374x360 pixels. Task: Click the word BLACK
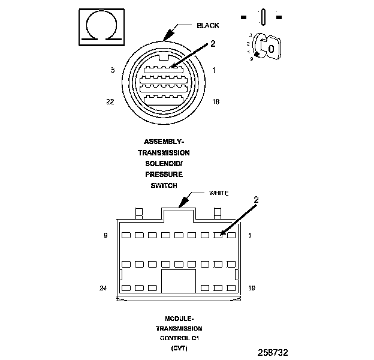coord(207,26)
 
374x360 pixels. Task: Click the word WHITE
coord(219,193)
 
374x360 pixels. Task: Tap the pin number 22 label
coord(110,102)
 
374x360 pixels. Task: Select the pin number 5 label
coord(112,70)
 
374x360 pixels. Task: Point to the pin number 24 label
coord(103,288)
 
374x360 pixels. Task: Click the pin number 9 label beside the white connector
coord(105,235)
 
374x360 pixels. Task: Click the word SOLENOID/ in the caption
coord(161,164)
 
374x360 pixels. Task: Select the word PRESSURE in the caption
coord(161,175)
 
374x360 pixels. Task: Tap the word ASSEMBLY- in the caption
coord(164,142)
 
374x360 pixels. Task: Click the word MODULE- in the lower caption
coord(179,318)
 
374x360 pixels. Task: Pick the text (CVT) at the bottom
coord(179,348)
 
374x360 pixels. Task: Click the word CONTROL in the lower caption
coord(174,338)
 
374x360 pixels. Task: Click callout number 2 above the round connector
coord(212,43)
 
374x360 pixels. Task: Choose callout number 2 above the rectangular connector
coord(256,199)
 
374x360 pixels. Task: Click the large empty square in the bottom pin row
coord(179,281)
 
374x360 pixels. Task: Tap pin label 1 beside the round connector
coord(214,70)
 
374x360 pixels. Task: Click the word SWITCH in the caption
coord(161,186)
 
